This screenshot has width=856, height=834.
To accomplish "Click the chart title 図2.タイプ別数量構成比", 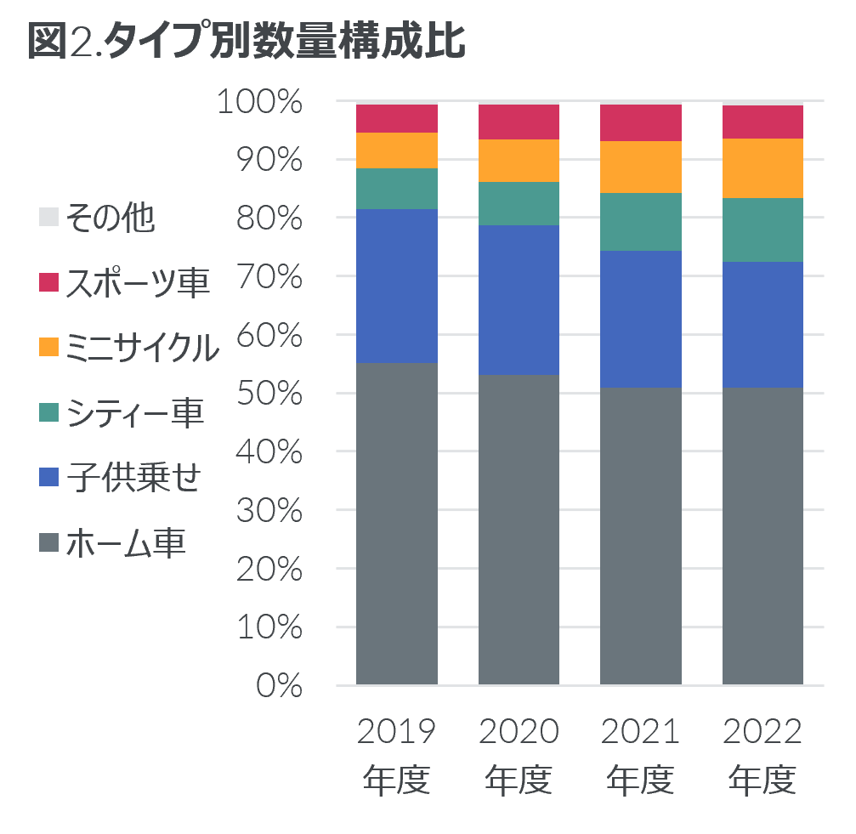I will point(247,41).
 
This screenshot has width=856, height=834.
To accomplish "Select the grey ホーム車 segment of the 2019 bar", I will point(397,523).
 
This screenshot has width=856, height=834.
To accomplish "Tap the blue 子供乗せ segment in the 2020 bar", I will point(519,299).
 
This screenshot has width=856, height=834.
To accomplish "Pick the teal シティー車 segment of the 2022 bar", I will point(762,230).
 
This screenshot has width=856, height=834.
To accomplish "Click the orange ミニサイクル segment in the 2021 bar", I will point(640,167).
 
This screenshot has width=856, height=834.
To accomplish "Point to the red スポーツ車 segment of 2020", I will point(519,122).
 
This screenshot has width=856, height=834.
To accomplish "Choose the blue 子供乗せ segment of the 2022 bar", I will point(762,324).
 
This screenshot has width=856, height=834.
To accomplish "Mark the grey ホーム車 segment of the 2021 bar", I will point(640,536).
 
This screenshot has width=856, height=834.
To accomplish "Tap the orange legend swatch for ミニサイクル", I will point(49,347).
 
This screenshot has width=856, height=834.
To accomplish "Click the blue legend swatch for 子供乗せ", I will point(49,477).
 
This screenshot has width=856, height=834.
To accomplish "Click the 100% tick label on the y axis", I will point(260,102).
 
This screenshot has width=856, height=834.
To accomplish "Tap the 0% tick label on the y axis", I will point(279,685).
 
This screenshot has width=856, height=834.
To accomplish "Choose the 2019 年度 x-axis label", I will point(397,755).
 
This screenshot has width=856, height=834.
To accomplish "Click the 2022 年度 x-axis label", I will point(762,755).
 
